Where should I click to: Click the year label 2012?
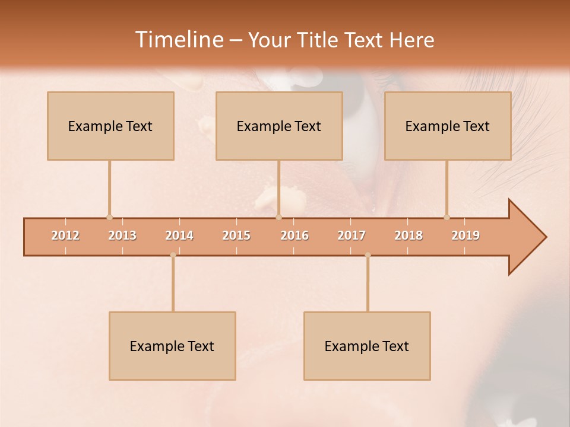pyautogui.click(x=65, y=235)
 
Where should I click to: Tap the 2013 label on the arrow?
pyautogui.click(x=122, y=235)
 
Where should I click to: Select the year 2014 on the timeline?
pyautogui.click(x=179, y=235)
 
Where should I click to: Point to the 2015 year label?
pyautogui.click(x=236, y=235)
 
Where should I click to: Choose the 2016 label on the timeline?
pyautogui.click(x=294, y=235)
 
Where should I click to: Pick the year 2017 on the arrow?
pyautogui.click(x=351, y=235)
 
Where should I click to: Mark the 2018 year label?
pyautogui.click(x=408, y=235)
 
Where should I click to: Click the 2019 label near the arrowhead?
pyautogui.click(x=465, y=235)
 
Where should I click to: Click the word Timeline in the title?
pyautogui.click(x=178, y=40)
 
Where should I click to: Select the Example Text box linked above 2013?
pyautogui.click(x=110, y=126)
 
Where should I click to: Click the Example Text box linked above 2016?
pyautogui.click(x=279, y=126)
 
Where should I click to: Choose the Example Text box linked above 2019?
pyautogui.click(x=448, y=126)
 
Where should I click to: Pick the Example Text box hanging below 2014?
pyautogui.click(x=172, y=346)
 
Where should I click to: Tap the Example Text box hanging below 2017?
pyautogui.click(x=367, y=346)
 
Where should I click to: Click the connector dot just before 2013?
pyautogui.click(x=109, y=217)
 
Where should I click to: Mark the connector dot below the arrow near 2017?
pyautogui.click(x=368, y=255)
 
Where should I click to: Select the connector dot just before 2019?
pyautogui.click(x=446, y=217)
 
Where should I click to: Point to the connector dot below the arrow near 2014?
pyautogui.click(x=173, y=255)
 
